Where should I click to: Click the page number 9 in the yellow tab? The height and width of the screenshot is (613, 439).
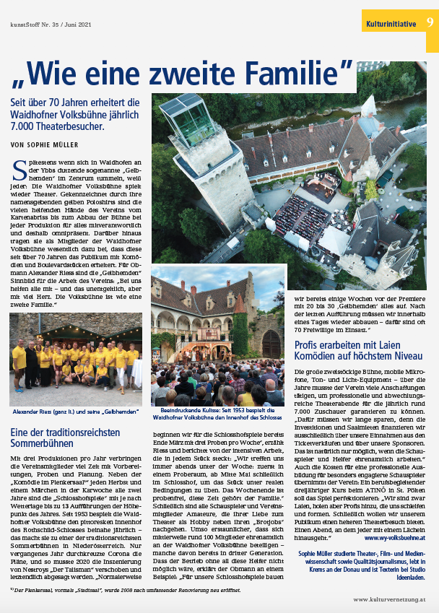(430, 23)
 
